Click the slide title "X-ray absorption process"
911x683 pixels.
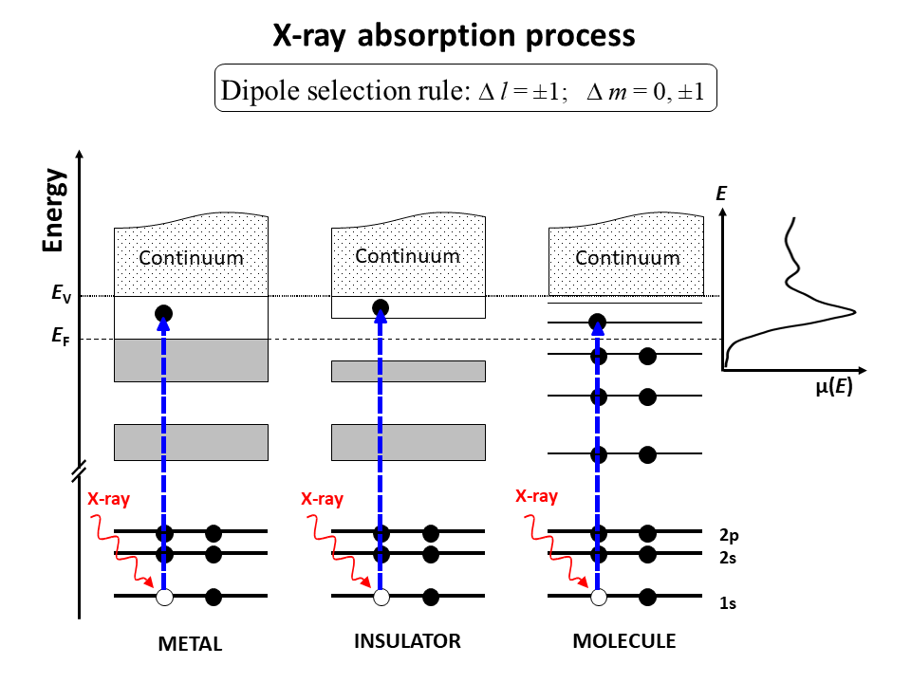pyautogui.click(x=454, y=36)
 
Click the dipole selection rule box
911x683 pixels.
pyautogui.click(x=465, y=87)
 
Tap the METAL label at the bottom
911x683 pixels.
pyautogui.click(x=190, y=643)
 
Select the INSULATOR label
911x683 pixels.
pyautogui.click(x=407, y=640)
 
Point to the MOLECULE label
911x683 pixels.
pyautogui.click(x=624, y=640)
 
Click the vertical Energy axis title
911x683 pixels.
pyautogui.click(x=53, y=211)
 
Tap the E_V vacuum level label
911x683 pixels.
pyautogui.click(x=61, y=293)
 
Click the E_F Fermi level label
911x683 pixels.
pyautogui.click(x=61, y=336)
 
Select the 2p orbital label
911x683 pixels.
pyautogui.click(x=729, y=535)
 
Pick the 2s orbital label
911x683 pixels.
pyautogui.click(x=728, y=558)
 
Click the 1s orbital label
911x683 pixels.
pyautogui.click(x=728, y=603)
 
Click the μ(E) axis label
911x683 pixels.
pyautogui.click(x=834, y=386)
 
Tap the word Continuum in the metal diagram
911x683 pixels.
pyautogui.click(x=191, y=257)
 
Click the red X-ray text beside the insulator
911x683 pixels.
pyautogui.click(x=322, y=499)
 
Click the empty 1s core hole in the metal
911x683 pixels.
pyautogui.click(x=164, y=597)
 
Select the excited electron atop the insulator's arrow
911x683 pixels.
pyautogui.click(x=381, y=307)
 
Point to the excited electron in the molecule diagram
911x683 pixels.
pyautogui.click(x=597, y=322)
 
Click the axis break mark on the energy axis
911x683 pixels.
pyautogui.click(x=80, y=471)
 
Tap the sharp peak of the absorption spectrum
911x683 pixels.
pyautogui.click(x=855, y=312)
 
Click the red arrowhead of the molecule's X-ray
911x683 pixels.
pyautogui.click(x=584, y=582)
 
